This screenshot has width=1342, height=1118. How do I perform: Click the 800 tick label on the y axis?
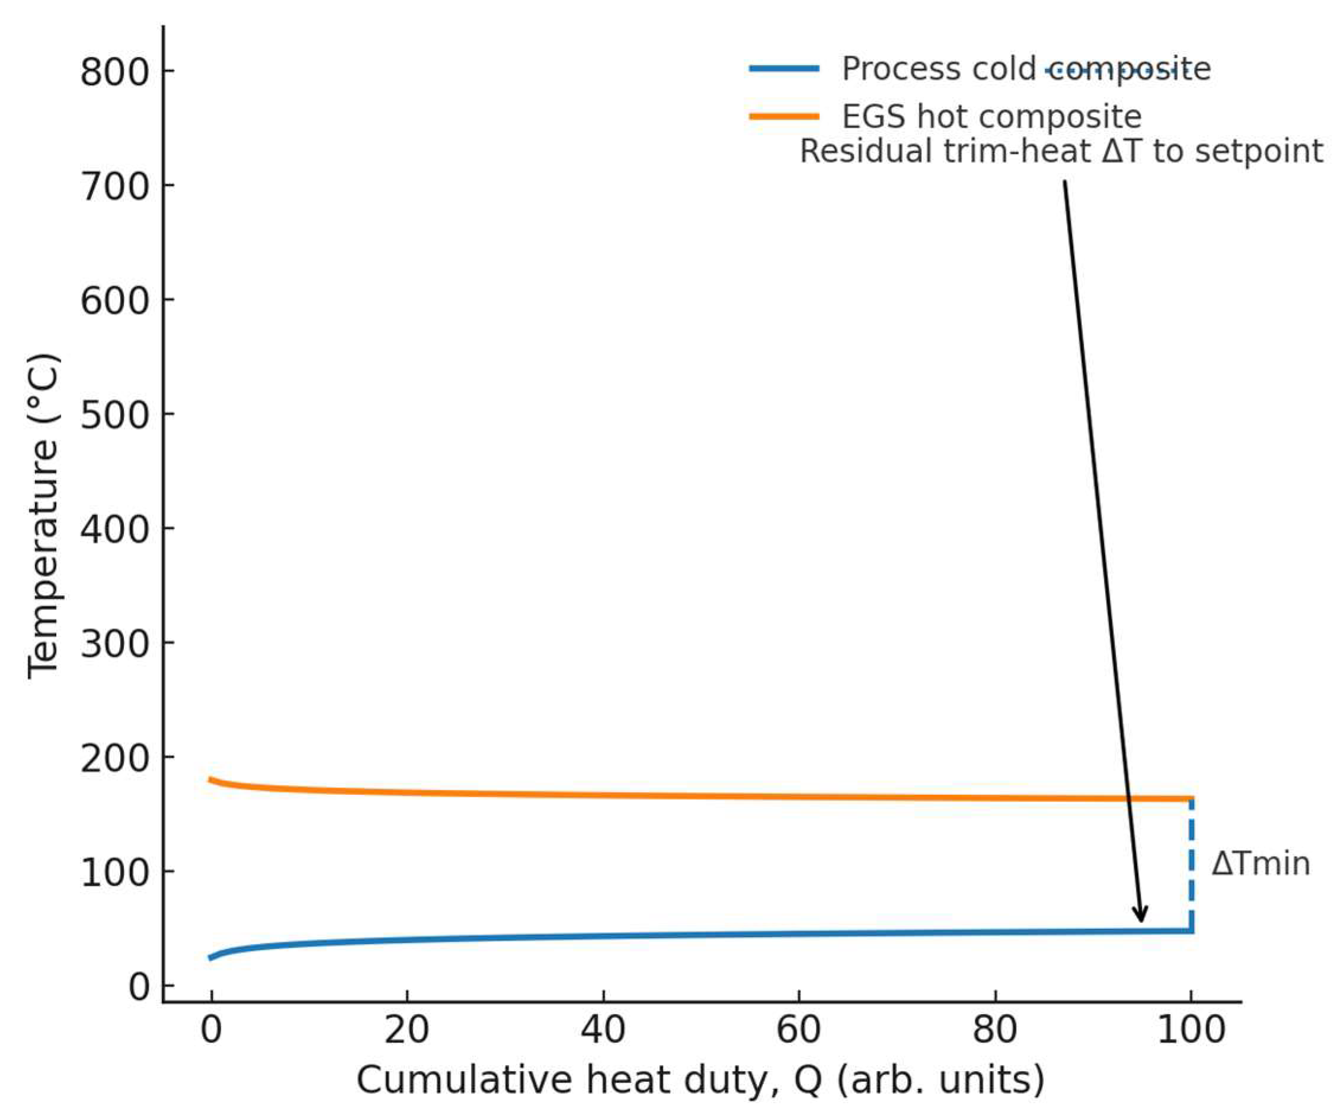point(115,72)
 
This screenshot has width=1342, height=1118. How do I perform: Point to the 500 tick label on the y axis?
point(115,416)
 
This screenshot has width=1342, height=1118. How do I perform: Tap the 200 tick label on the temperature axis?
point(115,759)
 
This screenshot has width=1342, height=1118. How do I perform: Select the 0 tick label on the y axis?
point(139,988)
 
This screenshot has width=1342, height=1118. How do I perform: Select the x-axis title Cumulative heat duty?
point(700,1081)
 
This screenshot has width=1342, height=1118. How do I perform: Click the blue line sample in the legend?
point(784,68)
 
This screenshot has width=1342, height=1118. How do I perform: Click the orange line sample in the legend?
point(784,116)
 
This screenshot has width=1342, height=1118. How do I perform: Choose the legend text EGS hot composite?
point(991,116)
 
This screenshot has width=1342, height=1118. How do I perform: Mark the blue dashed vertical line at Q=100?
point(1190,864)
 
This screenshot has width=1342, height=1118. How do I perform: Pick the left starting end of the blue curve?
point(212,957)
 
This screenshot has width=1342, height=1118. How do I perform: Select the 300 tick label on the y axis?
point(115,644)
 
